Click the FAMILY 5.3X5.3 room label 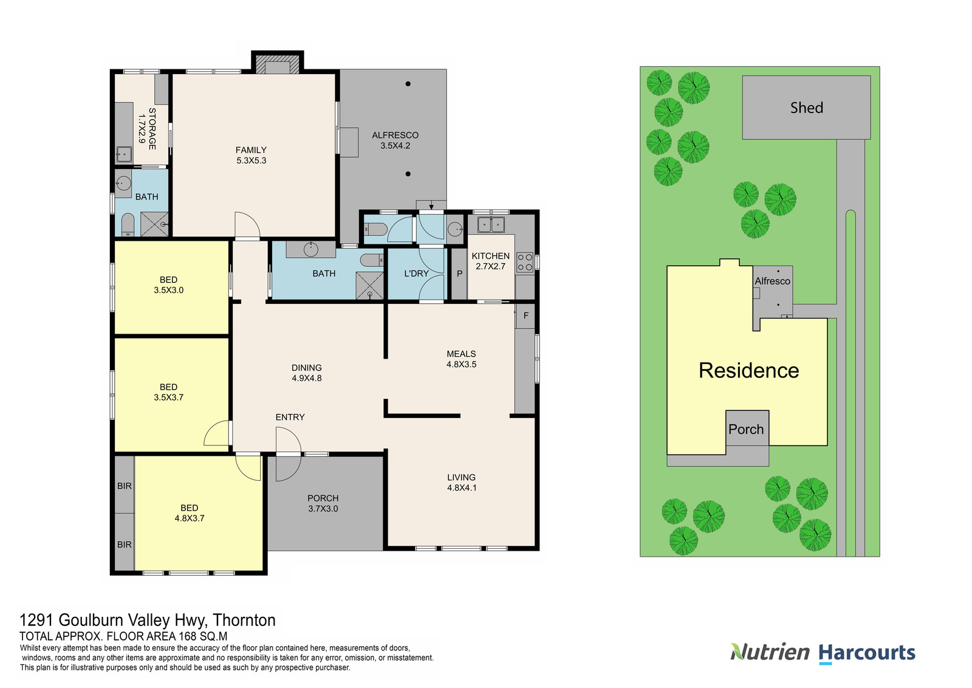(251, 155)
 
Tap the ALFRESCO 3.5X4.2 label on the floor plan (395, 140)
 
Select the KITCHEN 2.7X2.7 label (490, 261)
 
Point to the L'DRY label (416, 273)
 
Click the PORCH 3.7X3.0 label (323, 503)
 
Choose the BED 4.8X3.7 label (189, 513)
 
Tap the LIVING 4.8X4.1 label (461, 483)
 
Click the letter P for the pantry (459, 274)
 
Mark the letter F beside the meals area (525, 315)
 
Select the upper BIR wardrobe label (124, 486)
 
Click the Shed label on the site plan (806, 108)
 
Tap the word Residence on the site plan (748, 371)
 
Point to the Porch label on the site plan (745, 430)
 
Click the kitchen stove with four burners (524, 263)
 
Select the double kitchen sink (491, 224)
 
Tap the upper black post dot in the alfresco (408, 84)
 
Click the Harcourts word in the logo (866, 653)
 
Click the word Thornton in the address (244, 620)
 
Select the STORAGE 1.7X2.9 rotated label (147, 129)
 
